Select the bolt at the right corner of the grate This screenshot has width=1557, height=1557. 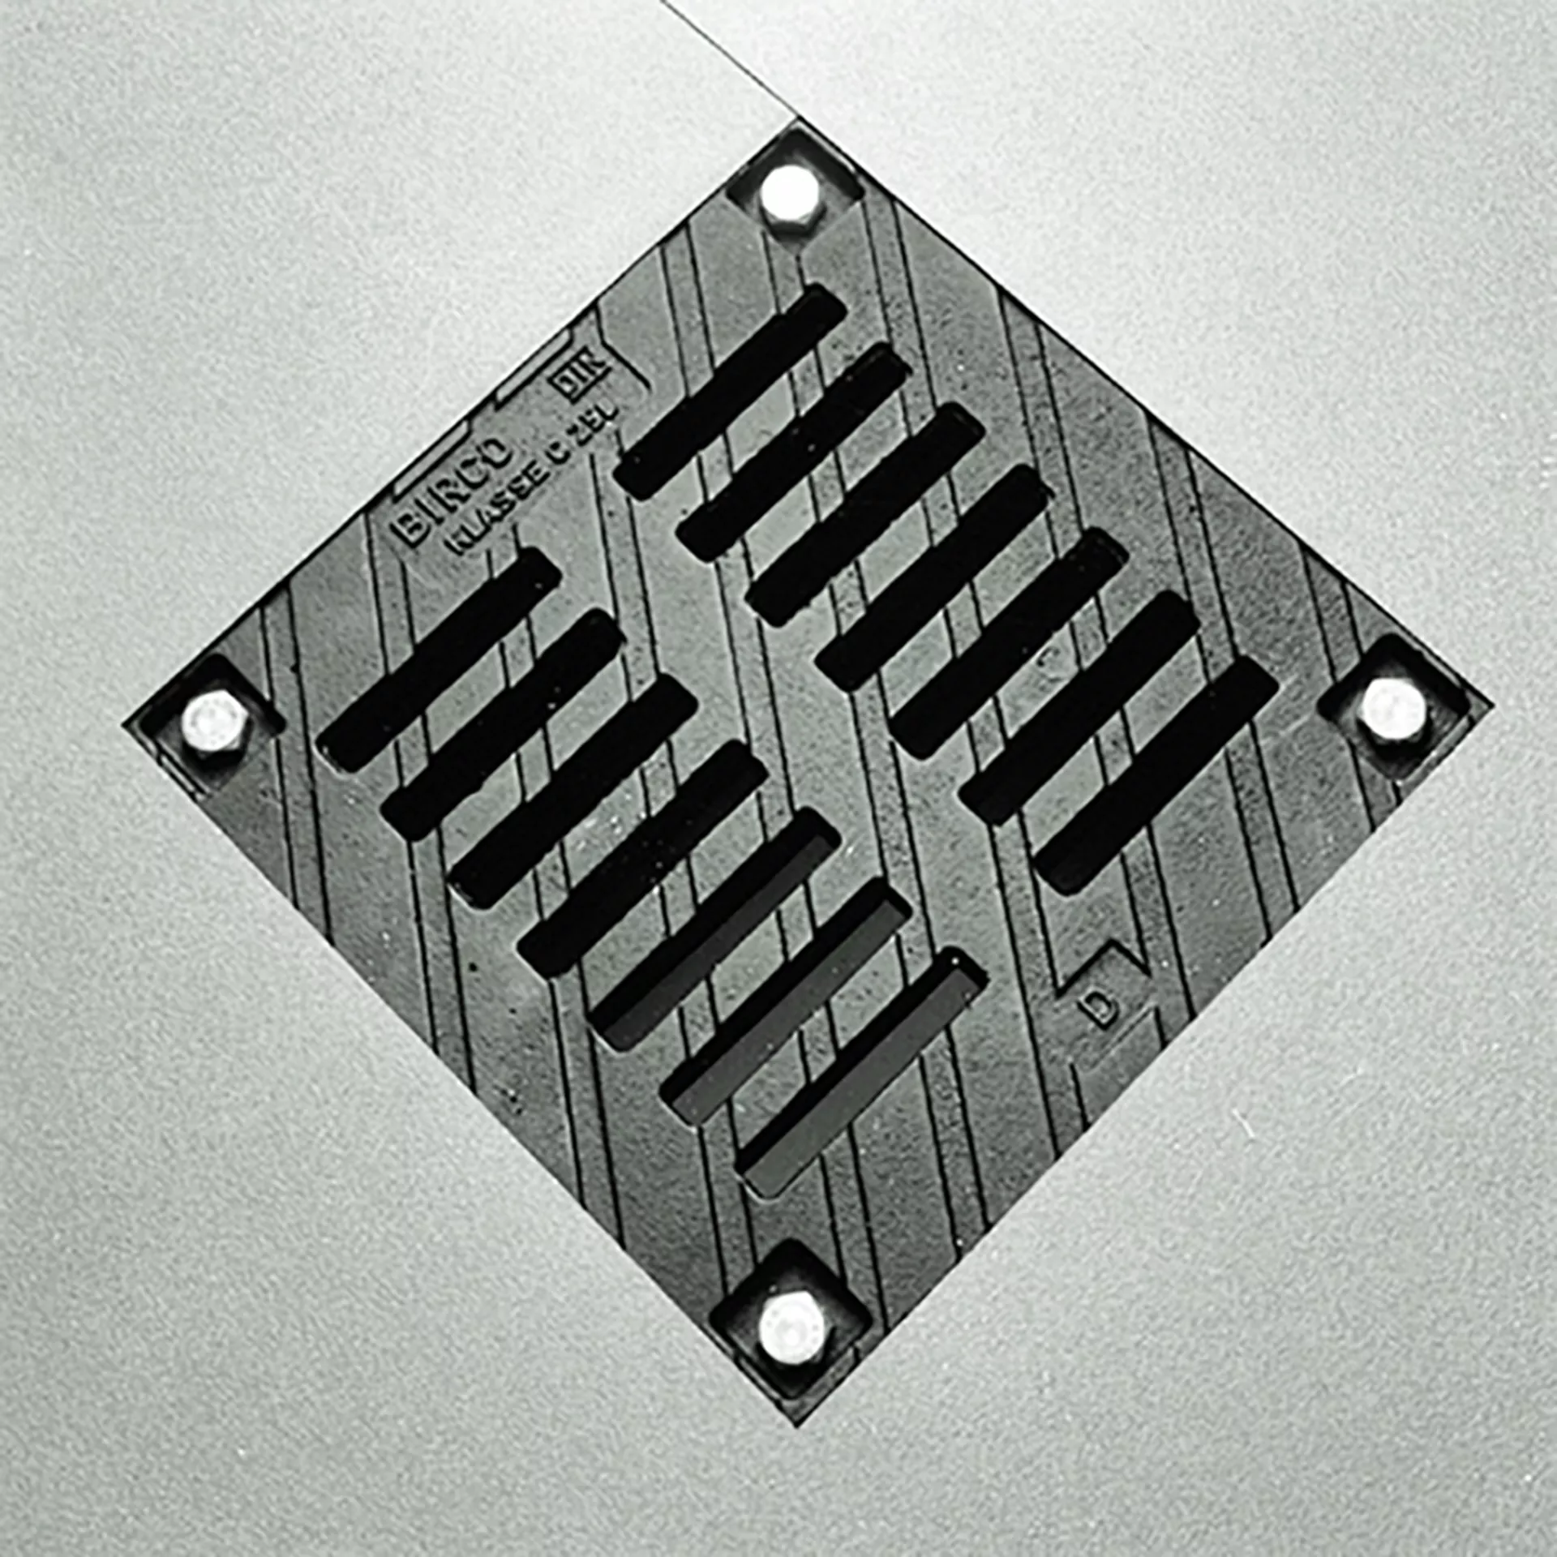pos(1392,708)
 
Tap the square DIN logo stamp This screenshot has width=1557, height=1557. pos(582,375)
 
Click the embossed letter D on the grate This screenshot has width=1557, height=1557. pos(1100,1010)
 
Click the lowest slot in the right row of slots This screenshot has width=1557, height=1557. pos(1156,777)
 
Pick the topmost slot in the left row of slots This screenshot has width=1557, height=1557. pos(438,658)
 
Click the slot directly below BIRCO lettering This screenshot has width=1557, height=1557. pos(438,658)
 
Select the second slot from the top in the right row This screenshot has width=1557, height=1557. pos(793,452)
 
